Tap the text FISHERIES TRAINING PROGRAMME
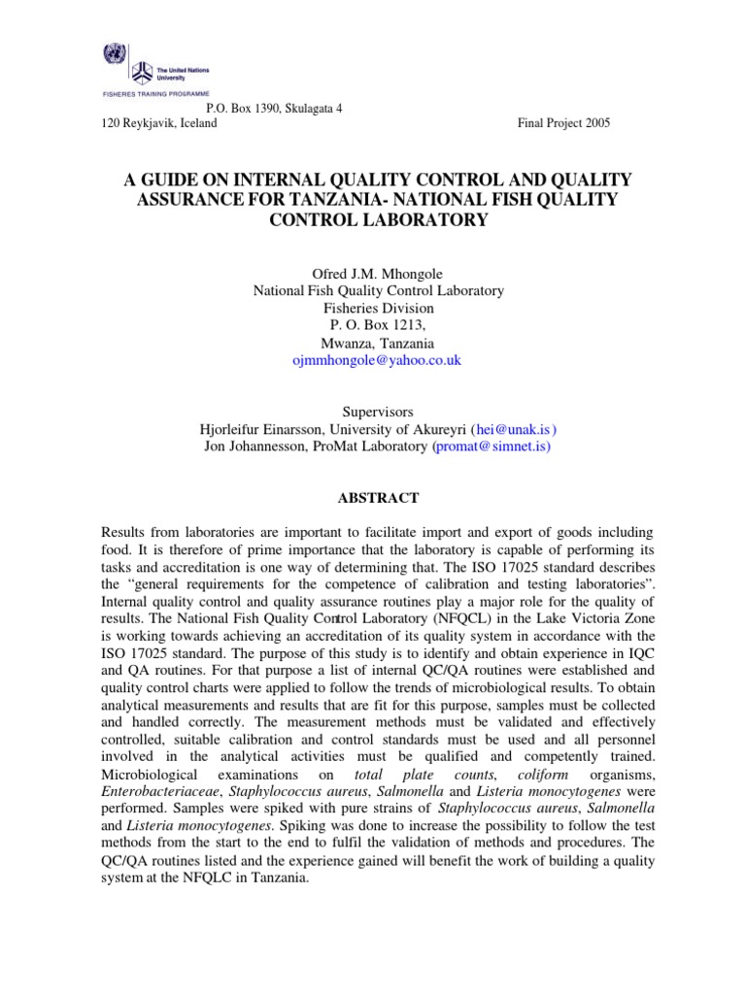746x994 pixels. (154, 94)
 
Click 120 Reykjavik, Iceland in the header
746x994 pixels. (160, 123)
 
